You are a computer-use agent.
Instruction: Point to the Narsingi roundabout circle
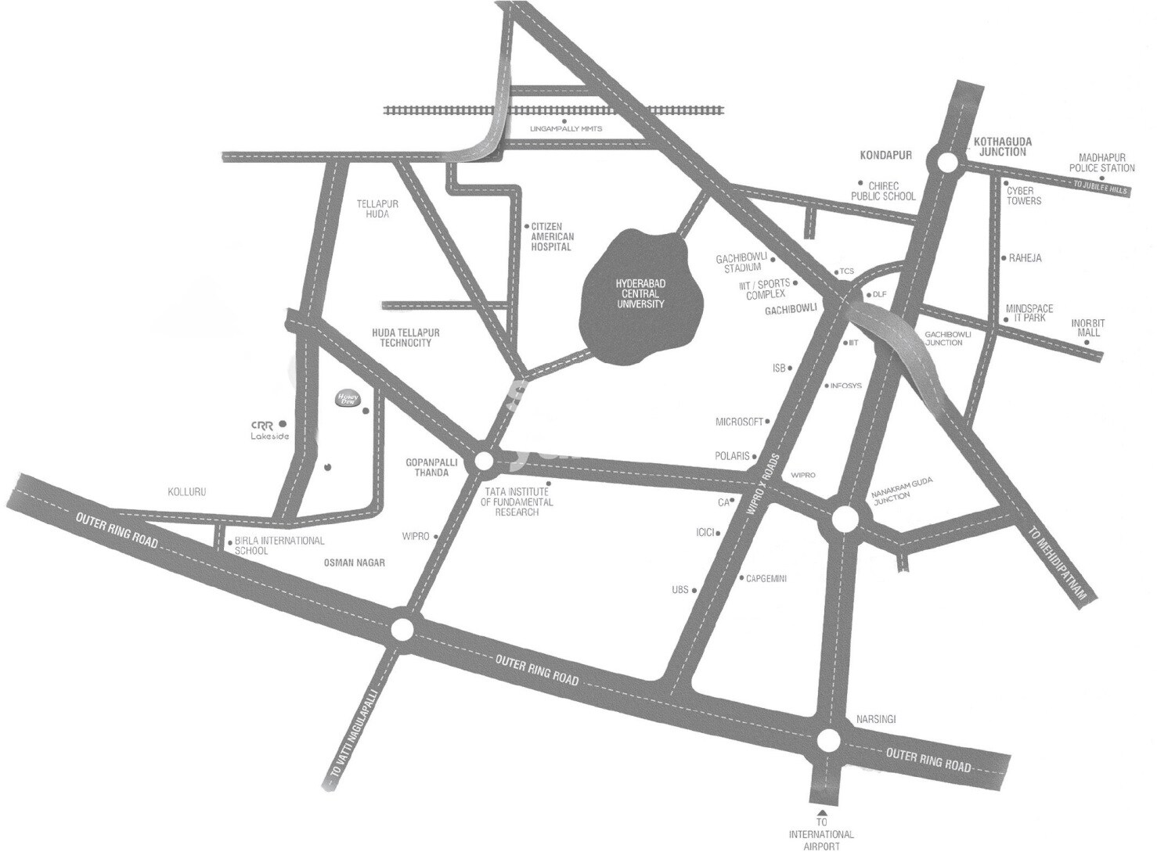click(x=829, y=739)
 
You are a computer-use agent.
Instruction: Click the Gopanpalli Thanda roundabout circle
click(x=484, y=462)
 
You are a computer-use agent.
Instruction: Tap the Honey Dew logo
click(x=347, y=397)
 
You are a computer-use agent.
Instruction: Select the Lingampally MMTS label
click(x=567, y=128)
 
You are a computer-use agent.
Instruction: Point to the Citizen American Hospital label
click(x=552, y=235)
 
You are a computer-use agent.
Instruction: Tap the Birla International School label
click(x=279, y=545)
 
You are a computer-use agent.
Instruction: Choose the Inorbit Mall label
click(x=1088, y=327)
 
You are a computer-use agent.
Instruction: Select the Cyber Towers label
click(x=1024, y=196)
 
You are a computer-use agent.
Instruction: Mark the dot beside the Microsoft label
click(x=768, y=422)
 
